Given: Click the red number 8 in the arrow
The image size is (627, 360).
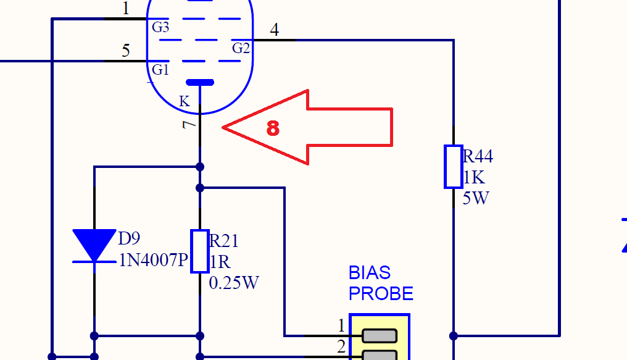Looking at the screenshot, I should click(x=273, y=128).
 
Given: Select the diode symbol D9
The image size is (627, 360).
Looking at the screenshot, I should click(x=94, y=246).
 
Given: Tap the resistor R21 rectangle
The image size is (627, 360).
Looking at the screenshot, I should click(x=200, y=251).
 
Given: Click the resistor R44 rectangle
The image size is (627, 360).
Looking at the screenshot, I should click(x=454, y=166).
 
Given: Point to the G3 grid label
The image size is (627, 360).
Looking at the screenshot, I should click(x=160, y=27).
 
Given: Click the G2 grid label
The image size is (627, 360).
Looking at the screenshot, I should click(x=241, y=48).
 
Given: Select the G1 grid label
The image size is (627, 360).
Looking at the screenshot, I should click(x=160, y=70).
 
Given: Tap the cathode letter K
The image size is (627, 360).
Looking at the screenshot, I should click(x=184, y=101).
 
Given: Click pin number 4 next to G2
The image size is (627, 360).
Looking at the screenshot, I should click(x=274, y=30).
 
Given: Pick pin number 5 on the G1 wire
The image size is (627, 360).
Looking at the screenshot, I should click(x=126, y=51).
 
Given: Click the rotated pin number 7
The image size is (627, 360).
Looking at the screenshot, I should click(x=189, y=125).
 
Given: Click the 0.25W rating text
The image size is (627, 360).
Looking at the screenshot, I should click(x=234, y=283).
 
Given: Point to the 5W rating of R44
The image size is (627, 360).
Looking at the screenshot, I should click(x=475, y=198).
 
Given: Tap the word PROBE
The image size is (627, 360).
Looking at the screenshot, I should click(x=381, y=293).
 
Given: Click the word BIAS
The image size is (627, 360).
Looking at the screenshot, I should click(x=370, y=272).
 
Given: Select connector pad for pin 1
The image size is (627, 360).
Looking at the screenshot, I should click(x=379, y=335).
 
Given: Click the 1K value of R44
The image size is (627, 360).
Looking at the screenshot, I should click(x=474, y=177).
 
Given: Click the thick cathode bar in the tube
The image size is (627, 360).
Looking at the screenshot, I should click(x=200, y=82).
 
